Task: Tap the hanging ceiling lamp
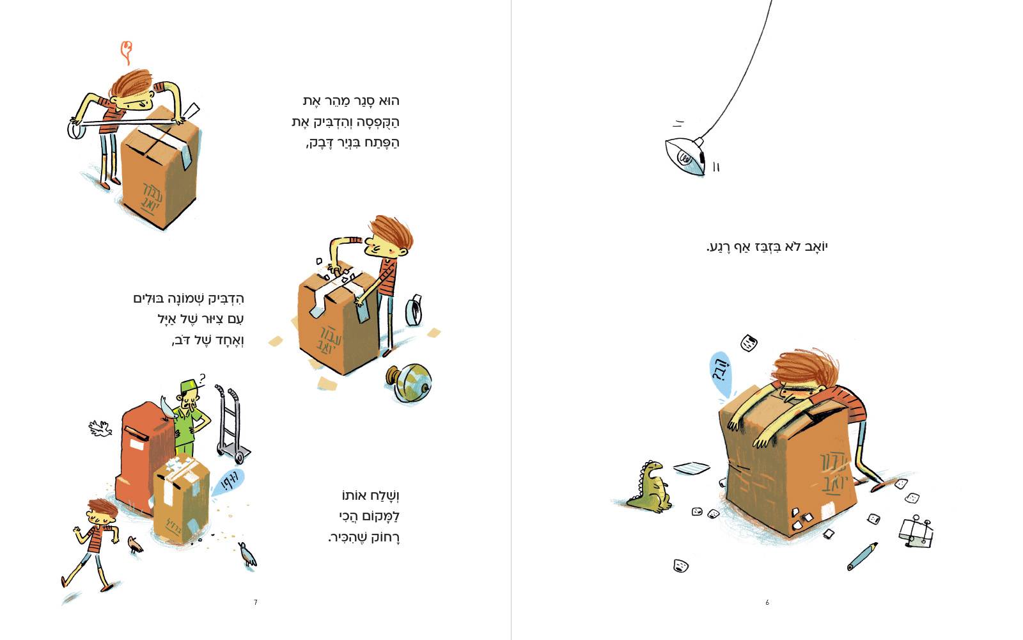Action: tap(685, 156)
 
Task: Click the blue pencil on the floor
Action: tap(862, 556)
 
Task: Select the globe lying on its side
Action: tap(410, 383)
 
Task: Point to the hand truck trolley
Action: tap(232, 424)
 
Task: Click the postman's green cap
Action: tap(189, 387)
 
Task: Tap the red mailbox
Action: tap(141, 457)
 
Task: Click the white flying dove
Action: tap(100, 428)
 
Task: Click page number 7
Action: tap(256, 602)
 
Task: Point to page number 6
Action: tap(767, 602)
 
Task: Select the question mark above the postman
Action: tap(202, 378)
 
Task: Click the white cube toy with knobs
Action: tap(916, 532)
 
